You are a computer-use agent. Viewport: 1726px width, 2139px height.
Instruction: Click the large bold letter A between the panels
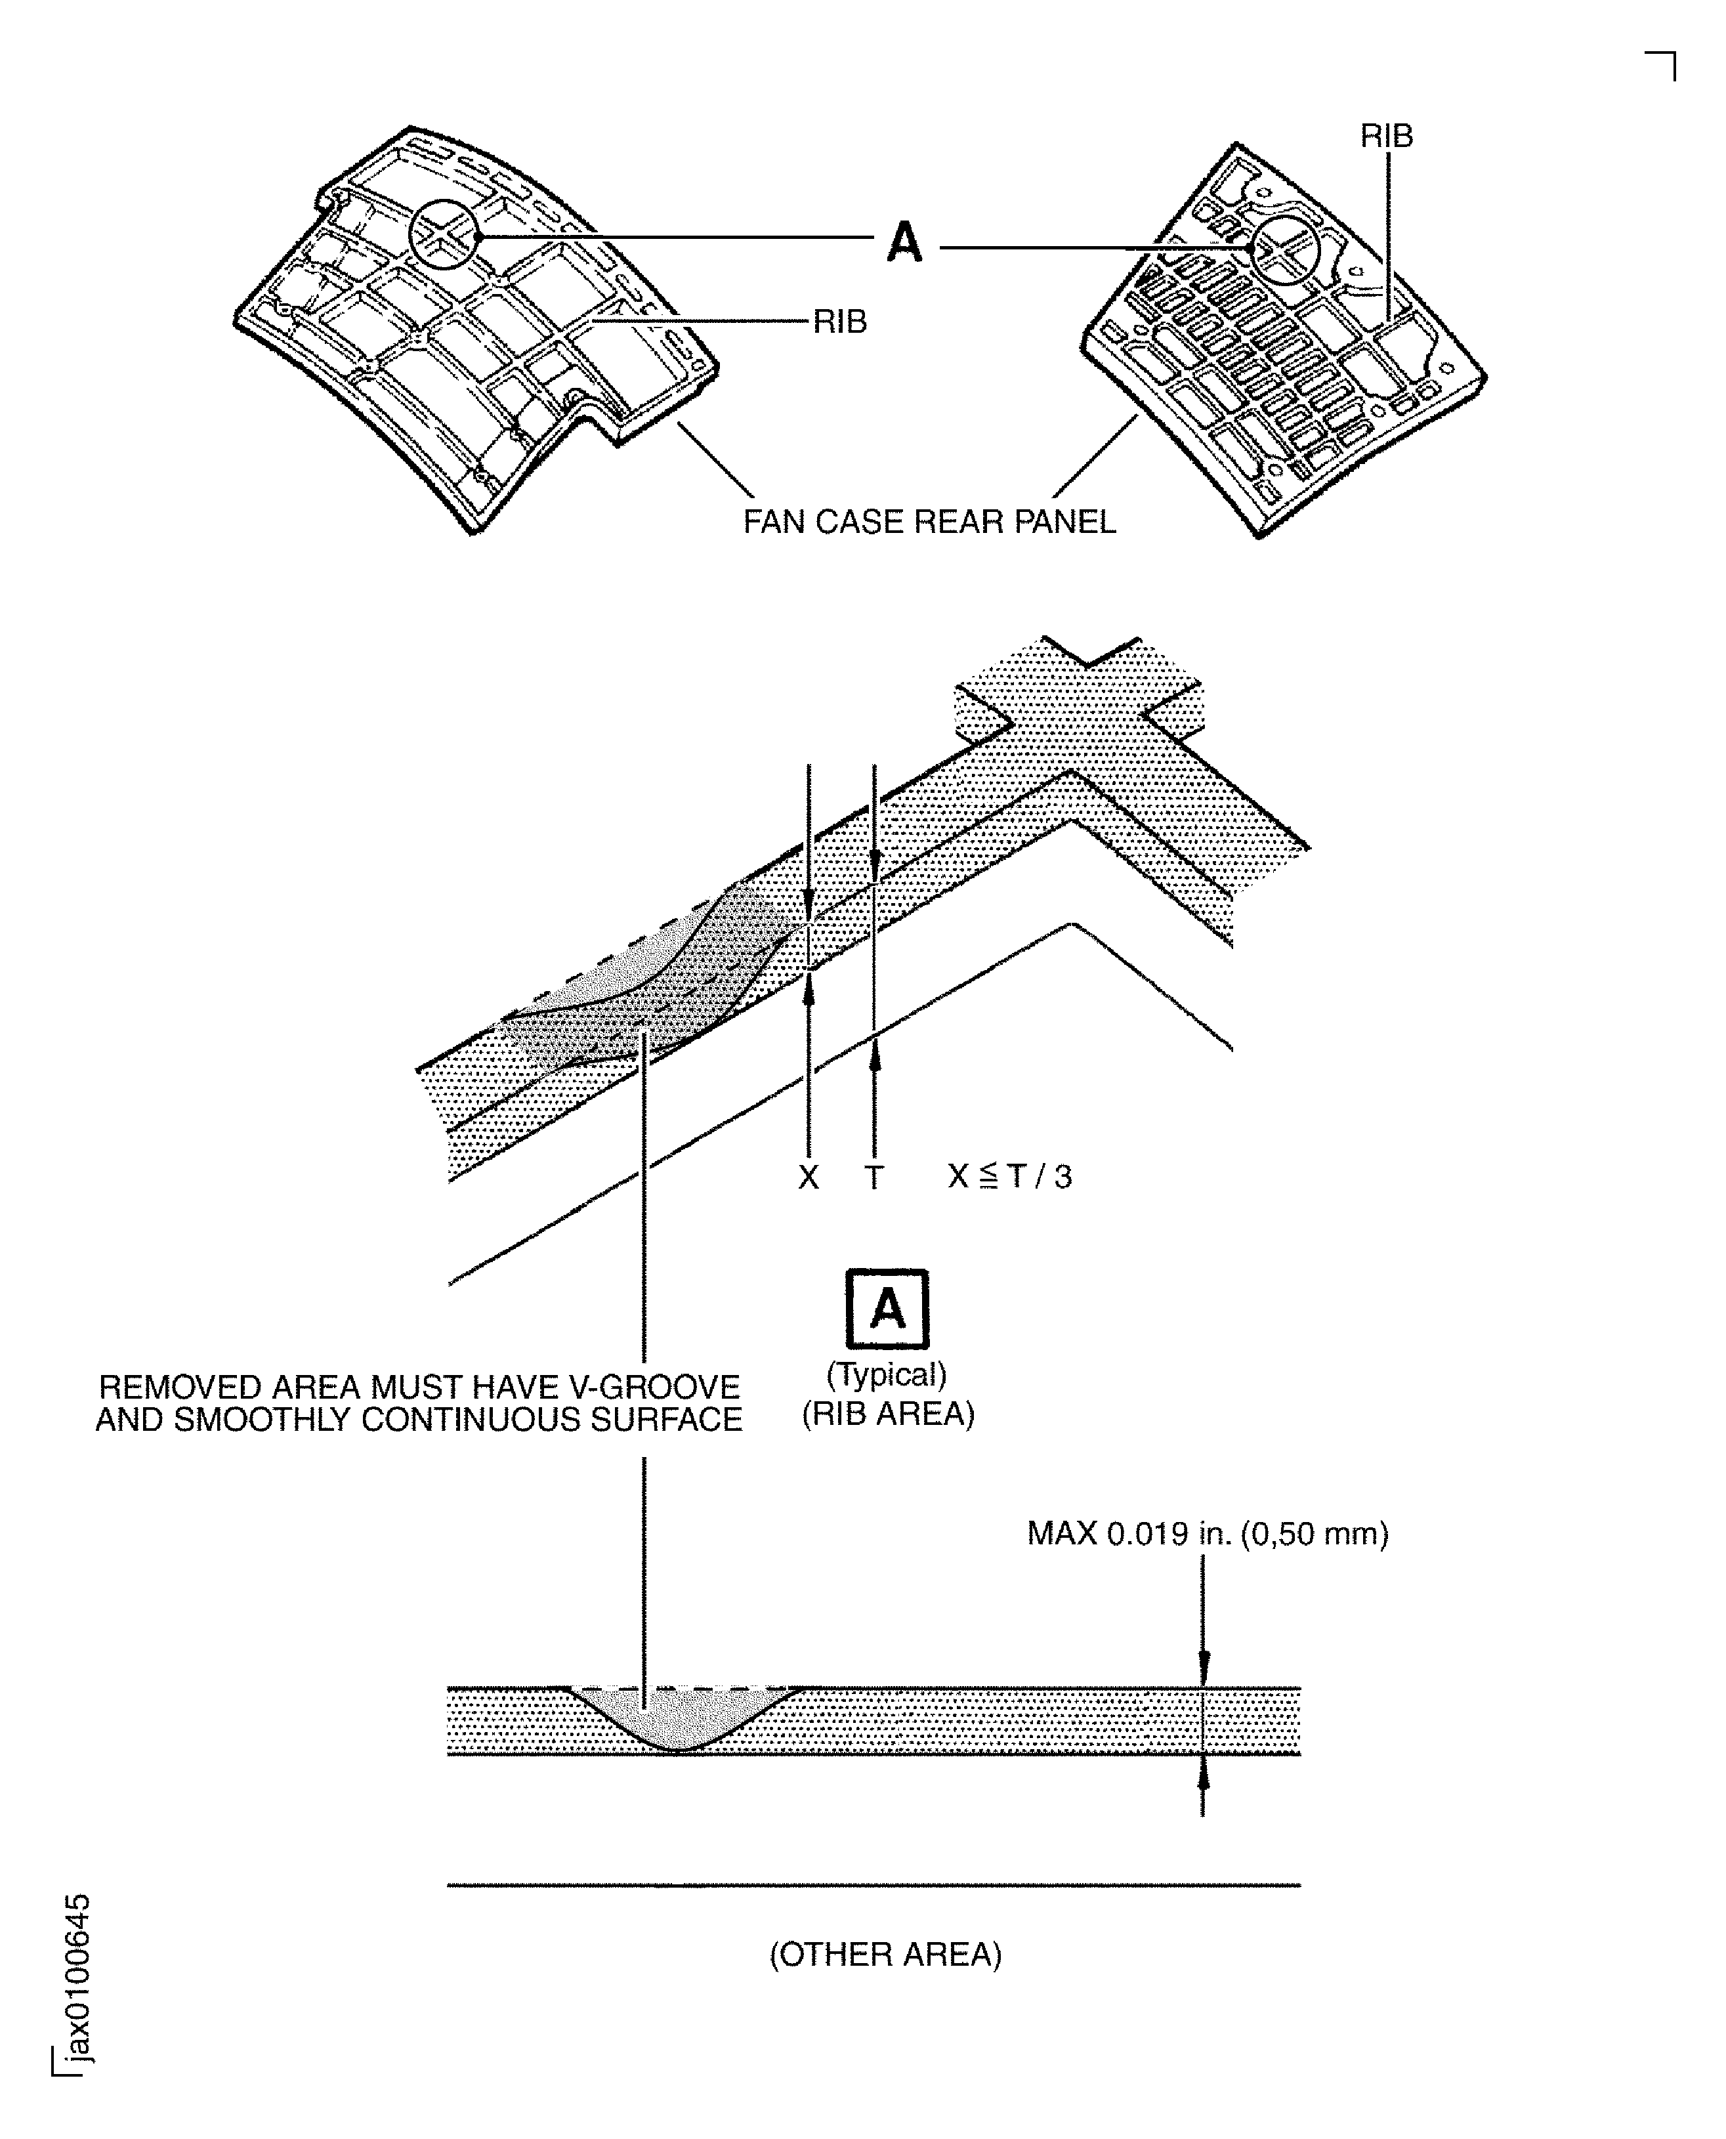tap(904, 242)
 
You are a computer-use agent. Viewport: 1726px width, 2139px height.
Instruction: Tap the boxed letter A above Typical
tap(887, 1309)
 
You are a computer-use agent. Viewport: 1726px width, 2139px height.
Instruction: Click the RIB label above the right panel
tap(1386, 137)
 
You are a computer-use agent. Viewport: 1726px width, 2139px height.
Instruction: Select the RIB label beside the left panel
tap(840, 321)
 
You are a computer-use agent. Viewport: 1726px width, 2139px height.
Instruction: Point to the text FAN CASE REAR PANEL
tap(930, 522)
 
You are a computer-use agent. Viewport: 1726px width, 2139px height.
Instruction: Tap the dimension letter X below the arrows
tap(809, 1177)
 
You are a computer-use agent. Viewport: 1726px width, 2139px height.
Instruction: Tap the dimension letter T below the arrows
tap(873, 1177)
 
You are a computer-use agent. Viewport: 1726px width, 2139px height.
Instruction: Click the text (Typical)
tap(887, 1374)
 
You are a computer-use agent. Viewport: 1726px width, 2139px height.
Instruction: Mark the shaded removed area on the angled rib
tap(646, 985)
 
